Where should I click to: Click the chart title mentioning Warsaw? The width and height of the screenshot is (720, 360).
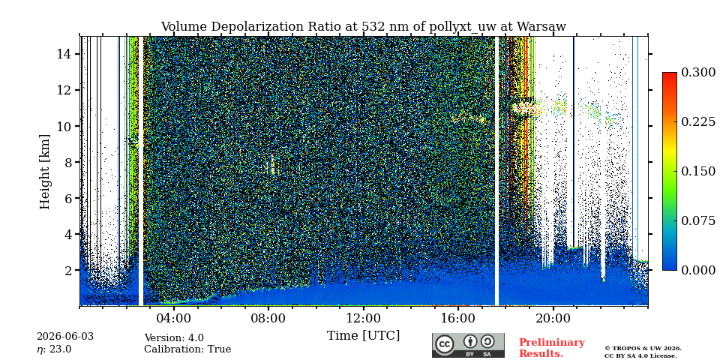363,27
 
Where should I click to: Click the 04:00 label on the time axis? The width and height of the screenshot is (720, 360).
174,318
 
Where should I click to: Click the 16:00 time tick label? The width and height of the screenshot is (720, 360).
458,318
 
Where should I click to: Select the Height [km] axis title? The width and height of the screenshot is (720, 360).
44,171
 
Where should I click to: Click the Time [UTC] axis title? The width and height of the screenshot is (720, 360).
363,336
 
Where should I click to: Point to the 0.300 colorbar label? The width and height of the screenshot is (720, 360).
698,73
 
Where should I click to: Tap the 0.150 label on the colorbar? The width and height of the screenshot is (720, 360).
698,171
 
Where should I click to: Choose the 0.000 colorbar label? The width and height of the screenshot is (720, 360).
698,270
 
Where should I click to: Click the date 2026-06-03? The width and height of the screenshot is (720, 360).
65,337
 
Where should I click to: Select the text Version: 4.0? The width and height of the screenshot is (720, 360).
174,338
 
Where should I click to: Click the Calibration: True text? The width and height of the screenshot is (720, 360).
187,349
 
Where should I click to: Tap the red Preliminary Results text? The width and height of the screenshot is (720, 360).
552,348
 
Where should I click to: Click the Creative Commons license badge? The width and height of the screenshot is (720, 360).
468,345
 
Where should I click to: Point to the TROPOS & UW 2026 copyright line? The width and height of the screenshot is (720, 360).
643,349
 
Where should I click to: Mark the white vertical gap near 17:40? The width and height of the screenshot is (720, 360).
496,171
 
